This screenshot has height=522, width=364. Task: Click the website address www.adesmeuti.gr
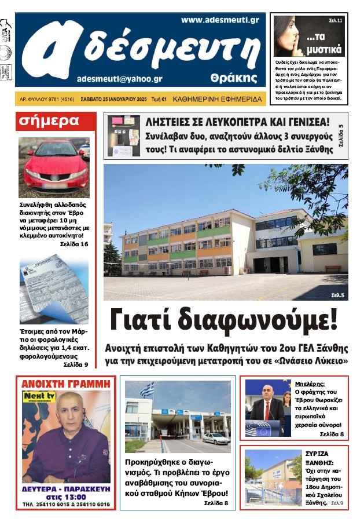(x=219, y=20)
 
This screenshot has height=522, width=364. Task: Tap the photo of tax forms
(x=53, y=290)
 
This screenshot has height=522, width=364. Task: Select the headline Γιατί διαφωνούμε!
(x=223, y=320)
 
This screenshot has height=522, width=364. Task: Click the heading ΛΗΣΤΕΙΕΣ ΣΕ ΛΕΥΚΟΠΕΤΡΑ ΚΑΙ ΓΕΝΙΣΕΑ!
(x=237, y=123)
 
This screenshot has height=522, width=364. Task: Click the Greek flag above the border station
(x=147, y=390)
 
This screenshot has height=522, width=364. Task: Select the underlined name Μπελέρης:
(x=310, y=383)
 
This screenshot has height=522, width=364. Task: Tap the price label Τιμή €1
(x=159, y=100)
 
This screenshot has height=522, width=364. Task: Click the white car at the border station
(x=216, y=439)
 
